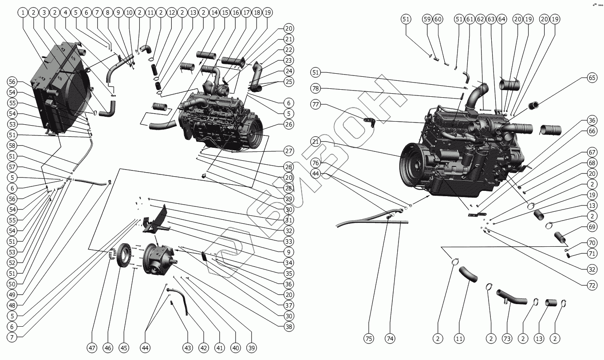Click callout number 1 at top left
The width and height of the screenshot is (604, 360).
[x=22, y=13]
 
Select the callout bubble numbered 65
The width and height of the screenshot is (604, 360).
[x=592, y=77]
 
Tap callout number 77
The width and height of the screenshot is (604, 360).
[x=315, y=105]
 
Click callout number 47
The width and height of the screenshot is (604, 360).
[x=92, y=348]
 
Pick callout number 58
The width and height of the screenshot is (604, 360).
[x=12, y=146]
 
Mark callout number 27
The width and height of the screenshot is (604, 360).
[x=289, y=151]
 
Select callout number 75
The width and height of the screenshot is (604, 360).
[x=369, y=338]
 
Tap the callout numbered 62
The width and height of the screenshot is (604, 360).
[x=480, y=19]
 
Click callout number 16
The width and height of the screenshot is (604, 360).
[x=236, y=13]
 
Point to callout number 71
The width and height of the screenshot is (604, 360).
[x=592, y=254]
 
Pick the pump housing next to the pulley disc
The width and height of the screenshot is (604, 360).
[x=158, y=260]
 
